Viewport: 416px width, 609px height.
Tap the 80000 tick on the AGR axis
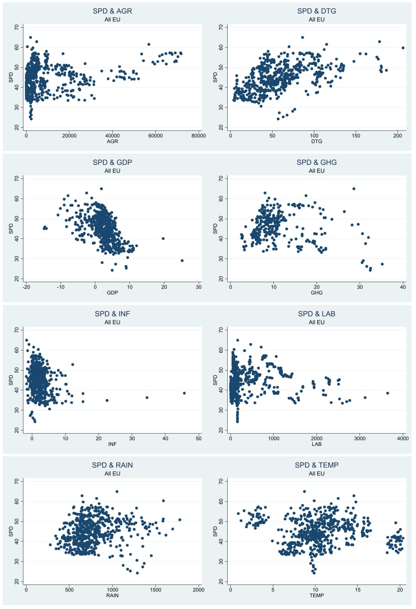[198, 136]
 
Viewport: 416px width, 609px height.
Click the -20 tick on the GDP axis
[26, 287]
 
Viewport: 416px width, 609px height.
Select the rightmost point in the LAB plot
[387, 393]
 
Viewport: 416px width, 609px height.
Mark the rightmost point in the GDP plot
[182, 260]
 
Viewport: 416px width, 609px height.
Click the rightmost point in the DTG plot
[403, 48]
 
